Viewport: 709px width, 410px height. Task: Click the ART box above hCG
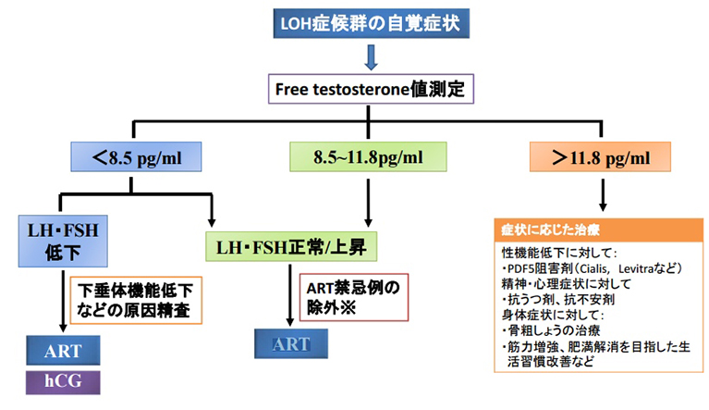tap(62, 352)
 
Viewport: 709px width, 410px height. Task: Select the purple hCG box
tap(62, 380)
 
